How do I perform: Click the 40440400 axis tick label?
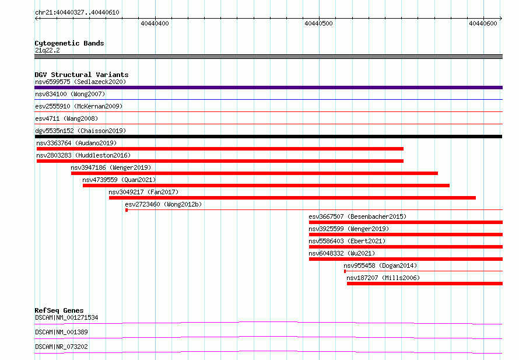[155, 23]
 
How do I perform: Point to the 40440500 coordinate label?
[318, 23]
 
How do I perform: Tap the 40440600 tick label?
[483, 23]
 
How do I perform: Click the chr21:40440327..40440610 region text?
[77, 13]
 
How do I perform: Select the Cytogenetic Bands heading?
[69, 43]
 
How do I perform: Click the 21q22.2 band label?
[47, 50]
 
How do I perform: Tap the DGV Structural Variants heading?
[82, 75]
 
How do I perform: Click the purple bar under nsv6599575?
[268, 88]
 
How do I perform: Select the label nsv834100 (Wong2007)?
[70, 94]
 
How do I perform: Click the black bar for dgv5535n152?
[268, 137]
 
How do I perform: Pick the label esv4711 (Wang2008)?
[66, 118]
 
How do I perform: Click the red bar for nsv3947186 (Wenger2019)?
[254, 173]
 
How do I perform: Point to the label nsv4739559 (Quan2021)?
[119, 180]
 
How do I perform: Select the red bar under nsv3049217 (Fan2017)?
[292, 198]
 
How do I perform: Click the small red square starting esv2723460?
[127, 210]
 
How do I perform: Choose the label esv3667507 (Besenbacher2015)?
[357, 216]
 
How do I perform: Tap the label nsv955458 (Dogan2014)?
[380, 265]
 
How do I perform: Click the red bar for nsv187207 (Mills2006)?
[425, 284]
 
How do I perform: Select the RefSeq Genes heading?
[59, 310]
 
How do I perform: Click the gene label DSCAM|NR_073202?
[62, 347]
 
